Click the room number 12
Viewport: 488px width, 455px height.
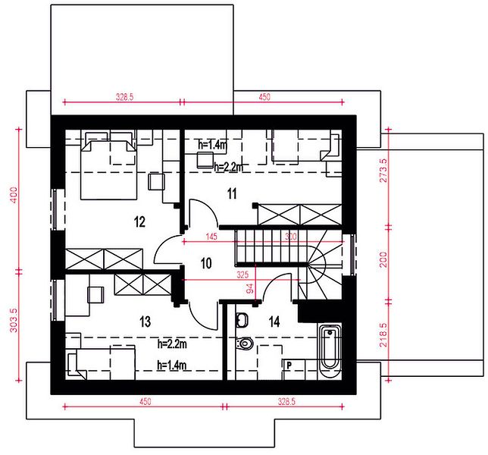(x=139, y=222)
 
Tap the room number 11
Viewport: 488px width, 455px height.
(x=232, y=193)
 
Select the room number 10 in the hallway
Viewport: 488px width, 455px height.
(x=206, y=263)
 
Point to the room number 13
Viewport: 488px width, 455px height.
(x=145, y=322)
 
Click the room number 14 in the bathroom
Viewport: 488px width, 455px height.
(x=274, y=322)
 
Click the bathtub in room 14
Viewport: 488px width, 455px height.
(x=330, y=350)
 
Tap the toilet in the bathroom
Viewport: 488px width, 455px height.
(x=245, y=344)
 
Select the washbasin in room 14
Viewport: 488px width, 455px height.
(x=242, y=320)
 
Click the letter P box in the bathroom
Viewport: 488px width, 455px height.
(x=289, y=365)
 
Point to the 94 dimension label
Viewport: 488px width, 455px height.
(x=250, y=289)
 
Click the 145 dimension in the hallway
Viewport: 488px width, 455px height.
(x=211, y=237)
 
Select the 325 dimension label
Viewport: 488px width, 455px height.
(x=242, y=275)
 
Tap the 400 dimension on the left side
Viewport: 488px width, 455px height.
(x=14, y=195)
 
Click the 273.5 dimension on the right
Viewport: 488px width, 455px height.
(x=383, y=170)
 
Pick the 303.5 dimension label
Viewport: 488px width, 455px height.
(x=14, y=320)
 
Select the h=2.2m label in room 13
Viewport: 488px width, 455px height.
(x=172, y=344)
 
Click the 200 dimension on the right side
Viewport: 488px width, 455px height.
(x=383, y=259)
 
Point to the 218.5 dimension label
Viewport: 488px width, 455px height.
(x=383, y=334)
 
